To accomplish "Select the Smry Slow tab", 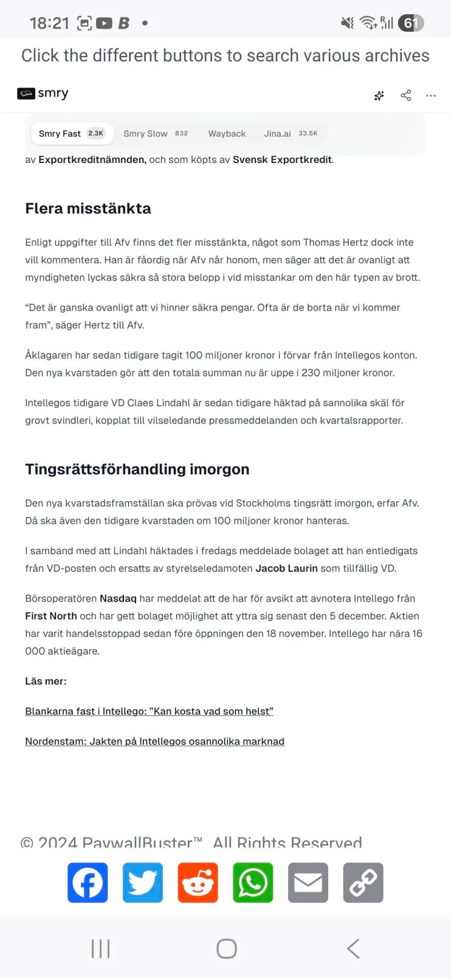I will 155,134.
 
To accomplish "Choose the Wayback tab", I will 227,134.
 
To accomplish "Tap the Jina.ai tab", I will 290,134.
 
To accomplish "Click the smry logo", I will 43,94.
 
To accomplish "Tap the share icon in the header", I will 406,95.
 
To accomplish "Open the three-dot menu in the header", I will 431,95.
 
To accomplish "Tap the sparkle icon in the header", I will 379,95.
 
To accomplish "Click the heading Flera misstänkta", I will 88,209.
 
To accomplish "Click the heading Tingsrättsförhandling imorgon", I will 137,470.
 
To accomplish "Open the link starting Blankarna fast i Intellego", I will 149,712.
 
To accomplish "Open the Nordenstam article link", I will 154,741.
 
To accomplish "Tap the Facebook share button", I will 88,883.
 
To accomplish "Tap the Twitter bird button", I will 143,883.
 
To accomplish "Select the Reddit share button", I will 198,883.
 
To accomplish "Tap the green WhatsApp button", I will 253,883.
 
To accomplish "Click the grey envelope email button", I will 308,883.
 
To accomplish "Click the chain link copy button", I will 363,883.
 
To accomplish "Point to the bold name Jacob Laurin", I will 286,569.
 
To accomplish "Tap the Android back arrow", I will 353,949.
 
